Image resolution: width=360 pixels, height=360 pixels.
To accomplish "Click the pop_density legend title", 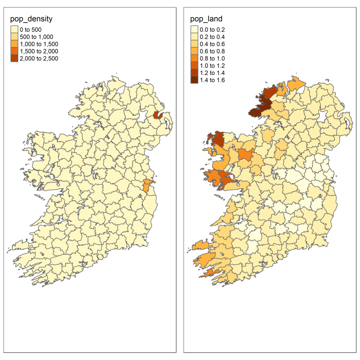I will click(x=32, y=19).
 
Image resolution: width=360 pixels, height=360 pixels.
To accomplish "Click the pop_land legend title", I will click(x=206, y=19).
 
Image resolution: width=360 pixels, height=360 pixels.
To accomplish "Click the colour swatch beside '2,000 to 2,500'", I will click(x=14, y=58).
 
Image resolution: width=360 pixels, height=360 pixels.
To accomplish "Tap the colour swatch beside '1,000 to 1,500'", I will click(x=14, y=44).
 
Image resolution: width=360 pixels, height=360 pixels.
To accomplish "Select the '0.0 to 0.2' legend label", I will click(x=213, y=30).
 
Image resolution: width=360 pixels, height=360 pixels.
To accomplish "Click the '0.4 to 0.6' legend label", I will click(x=213, y=44).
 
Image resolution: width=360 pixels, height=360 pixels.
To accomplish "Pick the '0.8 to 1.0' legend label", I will click(x=213, y=58).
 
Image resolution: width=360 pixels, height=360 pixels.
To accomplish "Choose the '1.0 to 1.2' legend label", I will click(x=213, y=65).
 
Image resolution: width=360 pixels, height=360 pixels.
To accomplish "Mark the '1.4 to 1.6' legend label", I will click(x=213, y=80).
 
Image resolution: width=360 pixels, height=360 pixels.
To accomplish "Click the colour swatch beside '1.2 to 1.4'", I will click(x=194, y=73).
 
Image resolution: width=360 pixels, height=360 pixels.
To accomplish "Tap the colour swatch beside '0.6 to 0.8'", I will click(x=194, y=51).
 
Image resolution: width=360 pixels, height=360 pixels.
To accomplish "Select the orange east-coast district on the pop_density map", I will click(x=147, y=185).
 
